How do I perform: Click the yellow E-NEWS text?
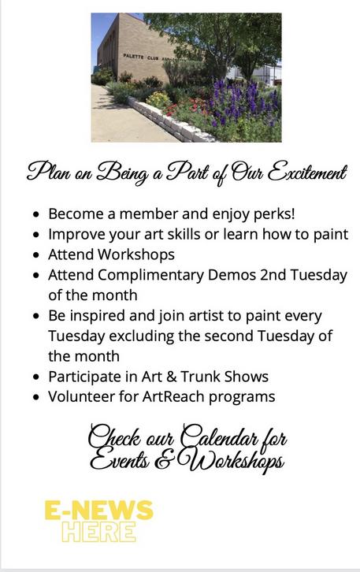(x=98, y=510)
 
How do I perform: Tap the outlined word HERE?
(x=98, y=532)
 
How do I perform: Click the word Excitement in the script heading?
(x=307, y=173)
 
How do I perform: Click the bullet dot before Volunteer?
(x=35, y=397)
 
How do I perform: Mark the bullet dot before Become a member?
(x=35, y=214)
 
